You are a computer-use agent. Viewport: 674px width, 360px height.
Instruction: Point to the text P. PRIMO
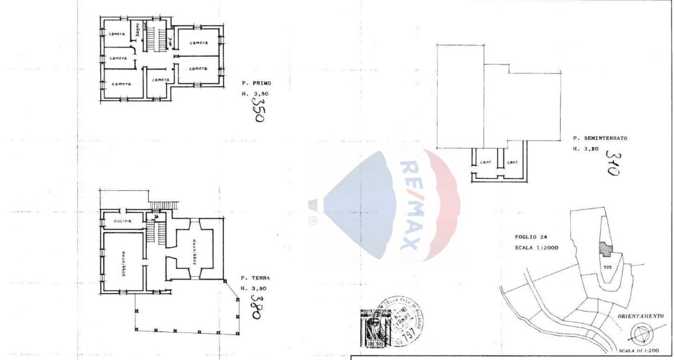click(256, 83)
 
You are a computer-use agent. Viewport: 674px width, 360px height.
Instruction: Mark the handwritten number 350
click(258, 112)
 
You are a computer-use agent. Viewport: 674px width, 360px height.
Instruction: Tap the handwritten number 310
click(612, 162)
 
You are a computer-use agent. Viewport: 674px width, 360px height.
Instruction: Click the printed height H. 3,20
click(585, 149)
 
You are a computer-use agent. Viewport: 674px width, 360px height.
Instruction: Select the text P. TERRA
click(255, 278)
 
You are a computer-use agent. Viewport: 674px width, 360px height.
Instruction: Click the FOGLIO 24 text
click(531, 237)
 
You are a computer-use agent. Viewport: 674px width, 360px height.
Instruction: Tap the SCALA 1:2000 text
click(536, 247)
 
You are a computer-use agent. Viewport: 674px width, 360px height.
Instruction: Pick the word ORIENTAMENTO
click(641, 316)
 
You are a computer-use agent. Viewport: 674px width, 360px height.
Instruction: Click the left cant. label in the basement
click(486, 162)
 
